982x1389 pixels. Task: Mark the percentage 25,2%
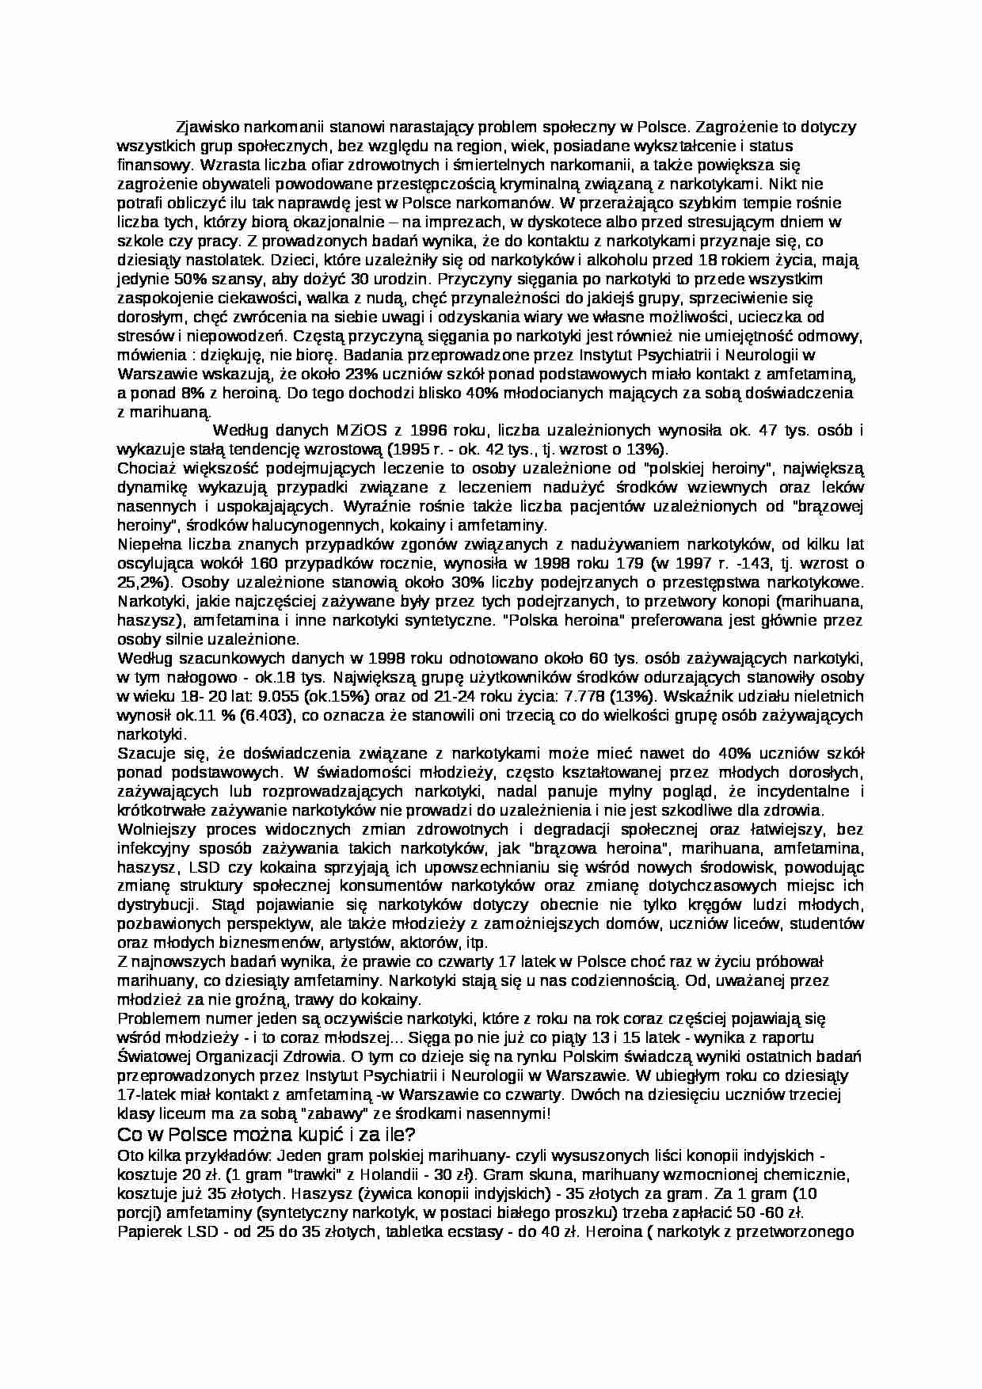pos(143,582)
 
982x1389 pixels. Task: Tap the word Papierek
pos(147,1232)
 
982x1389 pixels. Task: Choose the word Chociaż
pos(143,468)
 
